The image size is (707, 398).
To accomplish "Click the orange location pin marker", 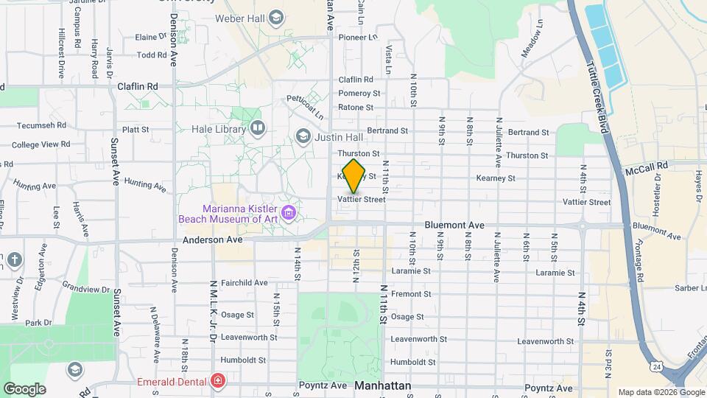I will (x=354, y=175).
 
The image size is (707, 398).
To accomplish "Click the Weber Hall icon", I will (x=276, y=17).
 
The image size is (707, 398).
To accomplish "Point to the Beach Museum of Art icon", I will (x=289, y=214).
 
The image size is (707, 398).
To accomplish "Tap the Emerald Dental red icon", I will (x=218, y=381).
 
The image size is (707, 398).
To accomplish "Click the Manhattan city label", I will (x=382, y=385).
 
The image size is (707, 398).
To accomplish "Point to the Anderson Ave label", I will (x=212, y=240).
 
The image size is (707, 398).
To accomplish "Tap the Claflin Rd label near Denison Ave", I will (x=138, y=86).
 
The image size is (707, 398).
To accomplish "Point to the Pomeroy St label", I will (x=359, y=94).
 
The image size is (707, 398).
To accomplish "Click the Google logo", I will (x=24, y=388).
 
